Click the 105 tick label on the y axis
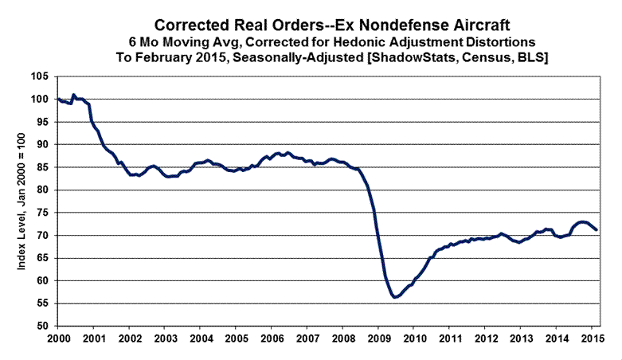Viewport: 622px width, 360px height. (41, 76)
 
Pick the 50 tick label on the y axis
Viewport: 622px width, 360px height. (44, 327)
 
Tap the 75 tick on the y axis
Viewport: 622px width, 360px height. (44, 213)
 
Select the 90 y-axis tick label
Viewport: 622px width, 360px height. (44, 145)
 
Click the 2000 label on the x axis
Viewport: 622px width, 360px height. (57, 339)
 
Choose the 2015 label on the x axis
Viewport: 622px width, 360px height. (591, 339)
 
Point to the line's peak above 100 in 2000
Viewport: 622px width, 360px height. (73, 95)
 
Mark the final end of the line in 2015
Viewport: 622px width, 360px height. (597, 229)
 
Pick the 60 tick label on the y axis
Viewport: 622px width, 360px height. (44, 281)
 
